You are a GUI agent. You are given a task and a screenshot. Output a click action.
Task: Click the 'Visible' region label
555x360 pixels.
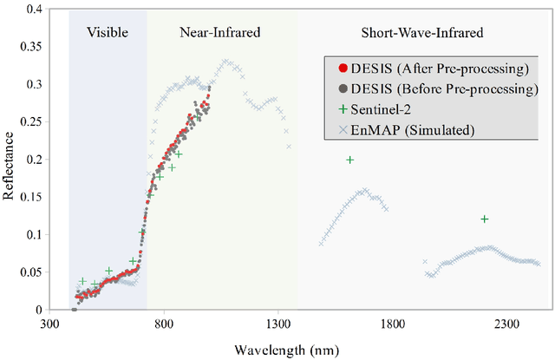point(108,33)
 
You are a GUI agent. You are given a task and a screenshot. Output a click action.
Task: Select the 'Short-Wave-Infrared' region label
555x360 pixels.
point(421,33)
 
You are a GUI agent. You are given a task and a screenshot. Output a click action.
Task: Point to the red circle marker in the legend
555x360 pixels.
point(331,68)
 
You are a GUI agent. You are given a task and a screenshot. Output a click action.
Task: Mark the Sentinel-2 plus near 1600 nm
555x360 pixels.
point(350,160)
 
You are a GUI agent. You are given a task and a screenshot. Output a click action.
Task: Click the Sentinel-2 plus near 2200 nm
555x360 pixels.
point(484,219)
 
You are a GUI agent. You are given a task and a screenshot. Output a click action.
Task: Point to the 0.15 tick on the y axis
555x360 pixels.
point(31,197)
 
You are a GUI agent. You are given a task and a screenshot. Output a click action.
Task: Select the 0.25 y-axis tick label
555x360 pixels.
point(31,122)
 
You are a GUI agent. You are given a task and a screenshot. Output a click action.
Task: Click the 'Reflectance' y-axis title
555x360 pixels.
point(9,160)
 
